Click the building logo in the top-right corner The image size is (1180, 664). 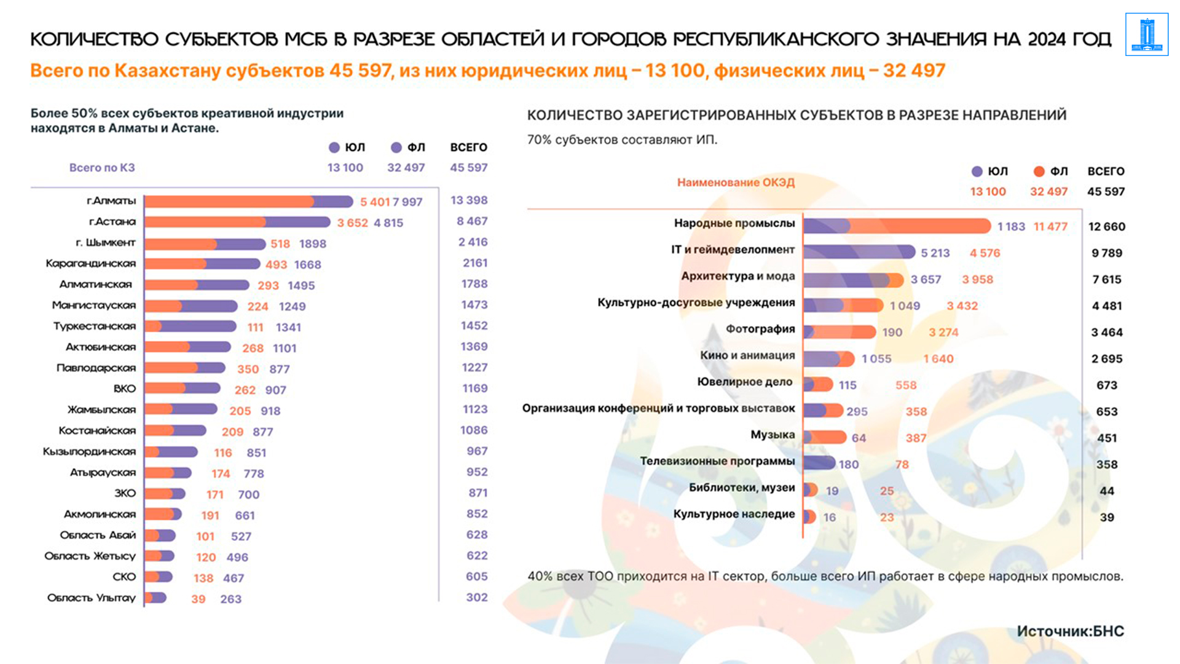click(x=1146, y=34)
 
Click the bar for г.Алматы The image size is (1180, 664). click(x=248, y=201)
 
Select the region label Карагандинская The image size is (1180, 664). click(x=91, y=264)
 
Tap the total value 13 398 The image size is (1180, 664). click(x=469, y=200)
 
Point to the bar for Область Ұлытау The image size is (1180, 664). click(x=155, y=598)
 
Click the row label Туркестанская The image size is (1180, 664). click(x=95, y=326)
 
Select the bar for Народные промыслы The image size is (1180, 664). click(x=897, y=226)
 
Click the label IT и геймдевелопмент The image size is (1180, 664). click(x=733, y=250)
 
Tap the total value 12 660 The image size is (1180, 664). click(x=1107, y=226)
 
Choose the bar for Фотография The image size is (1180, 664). click(x=840, y=332)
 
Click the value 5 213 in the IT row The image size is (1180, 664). click(x=935, y=253)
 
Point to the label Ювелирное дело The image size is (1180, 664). click(x=744, y=382)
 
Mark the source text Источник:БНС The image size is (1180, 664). click(x=1070, y=631)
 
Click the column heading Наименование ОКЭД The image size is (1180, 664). click(x=736, y=183)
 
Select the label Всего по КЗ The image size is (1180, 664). click(x=102, y=168)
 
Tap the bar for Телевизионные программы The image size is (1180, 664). click(x=819, y=463)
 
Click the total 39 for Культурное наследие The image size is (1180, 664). click(x=1107, y=518)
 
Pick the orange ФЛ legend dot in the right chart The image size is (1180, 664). click(x=1039, y=172)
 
